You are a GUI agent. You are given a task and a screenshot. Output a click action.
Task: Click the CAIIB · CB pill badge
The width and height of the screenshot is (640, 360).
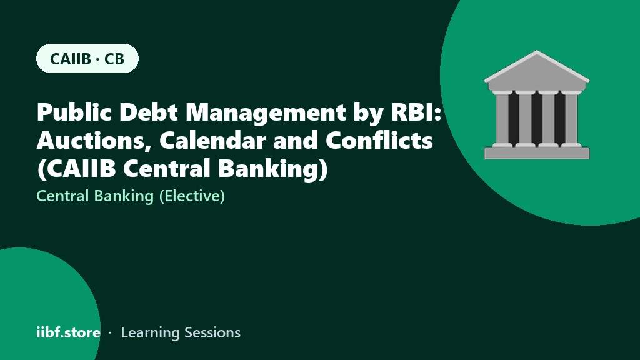pos(87,58)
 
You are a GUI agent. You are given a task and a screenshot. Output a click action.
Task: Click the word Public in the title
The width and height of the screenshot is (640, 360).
pos(74,112)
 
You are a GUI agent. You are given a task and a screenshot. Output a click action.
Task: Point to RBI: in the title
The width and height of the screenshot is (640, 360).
pos(416,112)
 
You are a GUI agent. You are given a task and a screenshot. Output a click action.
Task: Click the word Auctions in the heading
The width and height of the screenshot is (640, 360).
pos(94,141)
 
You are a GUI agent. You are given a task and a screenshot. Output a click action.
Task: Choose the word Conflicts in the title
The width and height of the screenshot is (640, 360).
pos(379,141)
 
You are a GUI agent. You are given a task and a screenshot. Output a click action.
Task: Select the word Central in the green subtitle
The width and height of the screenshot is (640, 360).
pos(63,196)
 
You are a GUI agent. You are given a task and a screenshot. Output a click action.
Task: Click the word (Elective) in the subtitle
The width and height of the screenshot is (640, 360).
pos(192,196)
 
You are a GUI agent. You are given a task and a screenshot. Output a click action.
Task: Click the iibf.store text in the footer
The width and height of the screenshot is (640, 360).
pos(69,332)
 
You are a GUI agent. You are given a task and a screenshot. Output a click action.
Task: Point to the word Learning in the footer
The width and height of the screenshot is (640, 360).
pos(151,333)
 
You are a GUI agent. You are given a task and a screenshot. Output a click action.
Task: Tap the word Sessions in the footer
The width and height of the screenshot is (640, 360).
pos(212,332)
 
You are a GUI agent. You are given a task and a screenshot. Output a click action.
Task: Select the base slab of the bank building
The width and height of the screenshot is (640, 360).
pos(537,153)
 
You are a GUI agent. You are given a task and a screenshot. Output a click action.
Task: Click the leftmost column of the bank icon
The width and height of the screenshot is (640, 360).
pos(502,118)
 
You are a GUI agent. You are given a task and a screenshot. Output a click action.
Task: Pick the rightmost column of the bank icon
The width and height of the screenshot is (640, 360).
pos(571,118)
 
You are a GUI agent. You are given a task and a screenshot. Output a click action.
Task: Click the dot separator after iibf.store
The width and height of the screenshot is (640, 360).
pos(110,333)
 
